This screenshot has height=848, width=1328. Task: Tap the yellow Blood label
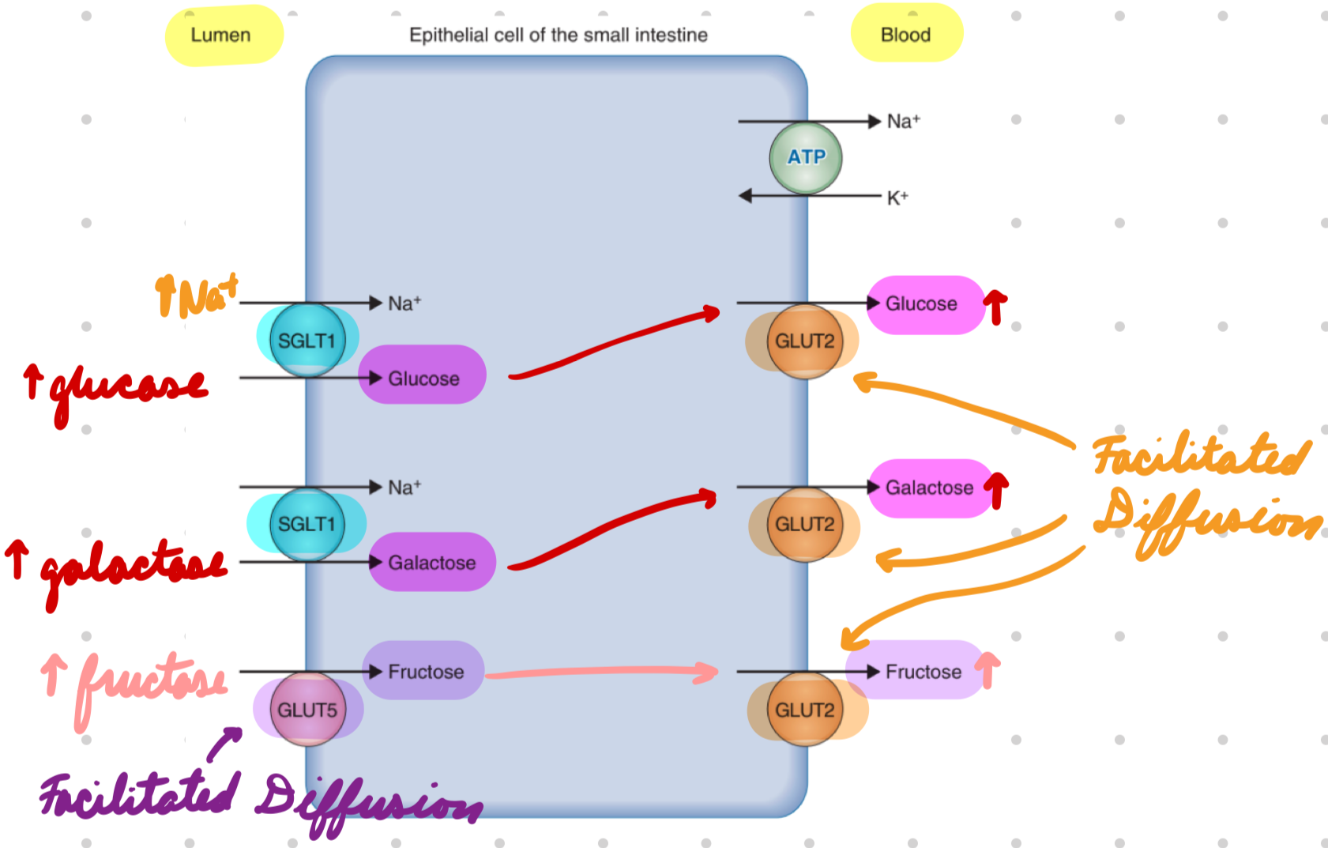coord(906,35)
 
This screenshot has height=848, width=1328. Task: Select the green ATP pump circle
coord(805,157)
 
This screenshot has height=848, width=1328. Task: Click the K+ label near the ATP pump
coord(897,198)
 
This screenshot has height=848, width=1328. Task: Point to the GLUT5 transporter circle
coord(307,709)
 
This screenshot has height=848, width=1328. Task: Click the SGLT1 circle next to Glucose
coord(307,341)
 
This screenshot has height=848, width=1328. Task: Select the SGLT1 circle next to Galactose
coord(307,524)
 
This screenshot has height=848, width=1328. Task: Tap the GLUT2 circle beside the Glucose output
coord(804,341)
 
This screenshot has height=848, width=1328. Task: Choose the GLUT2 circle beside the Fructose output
coord(804,709)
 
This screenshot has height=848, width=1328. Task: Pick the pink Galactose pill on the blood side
coord(929,488)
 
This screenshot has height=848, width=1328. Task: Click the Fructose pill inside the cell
coord(424,670)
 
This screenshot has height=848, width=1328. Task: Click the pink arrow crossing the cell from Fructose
coord(600,673)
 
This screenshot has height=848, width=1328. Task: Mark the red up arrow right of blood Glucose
coord(995,306)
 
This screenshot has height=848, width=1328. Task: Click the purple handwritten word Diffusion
coord(367,802)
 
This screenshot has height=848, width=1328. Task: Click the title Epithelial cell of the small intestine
coord(558,35)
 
